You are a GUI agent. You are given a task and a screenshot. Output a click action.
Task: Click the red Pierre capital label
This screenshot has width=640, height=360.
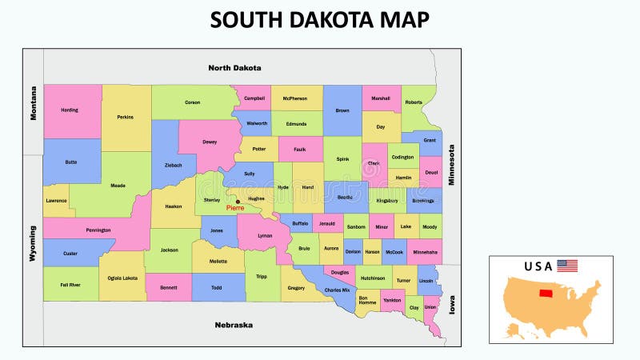[235, 208]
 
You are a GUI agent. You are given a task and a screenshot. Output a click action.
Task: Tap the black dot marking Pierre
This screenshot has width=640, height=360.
[238, 202]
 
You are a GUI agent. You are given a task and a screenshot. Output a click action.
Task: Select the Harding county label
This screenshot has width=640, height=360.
[70, 110]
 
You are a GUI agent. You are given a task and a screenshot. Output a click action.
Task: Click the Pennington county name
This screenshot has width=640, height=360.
[98, 230]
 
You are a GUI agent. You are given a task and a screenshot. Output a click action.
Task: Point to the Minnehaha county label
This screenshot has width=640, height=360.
[424, 251]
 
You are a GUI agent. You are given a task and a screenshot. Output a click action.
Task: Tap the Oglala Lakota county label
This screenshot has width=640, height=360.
[122, 278]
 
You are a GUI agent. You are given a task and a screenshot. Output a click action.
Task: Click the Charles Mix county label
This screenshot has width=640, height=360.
[337, 290]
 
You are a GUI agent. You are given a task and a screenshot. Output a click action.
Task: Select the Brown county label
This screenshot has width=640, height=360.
[342, 110]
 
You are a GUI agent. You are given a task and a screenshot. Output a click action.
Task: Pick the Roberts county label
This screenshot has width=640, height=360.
[414, 102]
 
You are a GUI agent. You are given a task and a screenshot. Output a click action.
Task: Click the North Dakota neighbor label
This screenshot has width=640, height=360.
[234, 68]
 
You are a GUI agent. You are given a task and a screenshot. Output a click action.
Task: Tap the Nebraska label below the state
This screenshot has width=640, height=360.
[234, 325]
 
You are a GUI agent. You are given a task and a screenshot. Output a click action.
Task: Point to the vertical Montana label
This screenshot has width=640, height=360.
[34, 103]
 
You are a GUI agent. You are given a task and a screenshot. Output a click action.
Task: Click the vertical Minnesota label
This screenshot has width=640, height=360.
[451, 164]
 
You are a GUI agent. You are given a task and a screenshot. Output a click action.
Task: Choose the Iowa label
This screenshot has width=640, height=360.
[451, 304]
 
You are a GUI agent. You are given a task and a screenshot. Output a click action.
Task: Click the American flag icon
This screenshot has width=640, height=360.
[567, 266]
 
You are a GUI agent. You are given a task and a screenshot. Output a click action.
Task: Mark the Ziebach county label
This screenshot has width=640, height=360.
[174, 166]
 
